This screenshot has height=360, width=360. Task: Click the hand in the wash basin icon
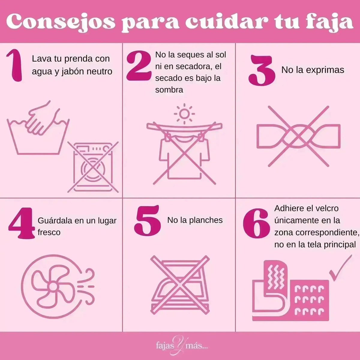(x=40, y=118)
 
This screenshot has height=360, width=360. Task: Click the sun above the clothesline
(x=184, y=114)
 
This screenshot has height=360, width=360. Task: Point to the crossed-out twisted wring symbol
(x=298, y=136)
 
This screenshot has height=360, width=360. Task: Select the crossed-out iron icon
(x=180, y=283)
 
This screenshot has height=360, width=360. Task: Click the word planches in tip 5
(x=205, y=220)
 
